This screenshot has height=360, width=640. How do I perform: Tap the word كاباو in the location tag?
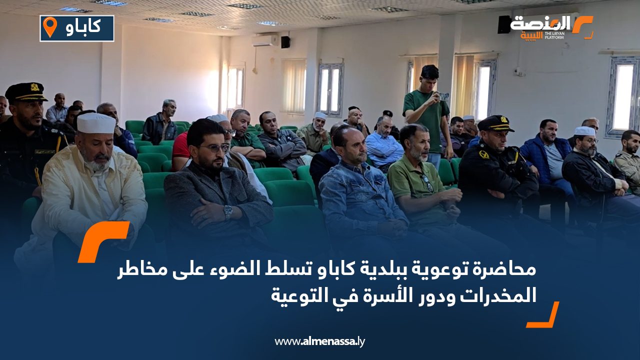pos(83,28)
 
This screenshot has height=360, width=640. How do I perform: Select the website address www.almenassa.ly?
pos(320,342)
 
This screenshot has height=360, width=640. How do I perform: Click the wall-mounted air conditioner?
pos(264,40)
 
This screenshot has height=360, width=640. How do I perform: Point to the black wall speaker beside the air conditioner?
pos(285,42)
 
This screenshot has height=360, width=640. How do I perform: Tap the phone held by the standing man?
pos(443,96)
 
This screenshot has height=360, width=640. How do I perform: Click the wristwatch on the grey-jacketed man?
pos(227,211)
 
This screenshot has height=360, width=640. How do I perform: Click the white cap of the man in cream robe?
pos(96,123)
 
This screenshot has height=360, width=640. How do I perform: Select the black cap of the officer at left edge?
pos(25,91)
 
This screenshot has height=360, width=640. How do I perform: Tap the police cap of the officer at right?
pos(495,122)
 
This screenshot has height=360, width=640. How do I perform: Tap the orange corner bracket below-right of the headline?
pos(543,315)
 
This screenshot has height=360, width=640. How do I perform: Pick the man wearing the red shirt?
pos(180,145)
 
